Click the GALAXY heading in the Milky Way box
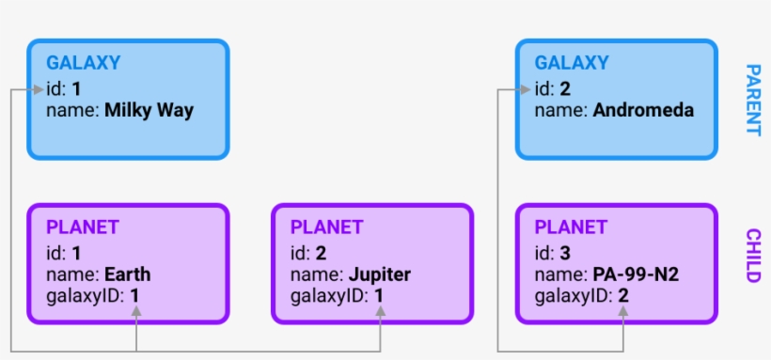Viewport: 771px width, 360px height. tap(84, 63)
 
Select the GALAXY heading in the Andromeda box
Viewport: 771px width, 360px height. tap(572, 63)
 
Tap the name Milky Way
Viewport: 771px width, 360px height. tap(149, 110)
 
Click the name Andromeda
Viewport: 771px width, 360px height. tap(643, 110)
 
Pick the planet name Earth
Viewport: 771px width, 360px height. tap(128, 274)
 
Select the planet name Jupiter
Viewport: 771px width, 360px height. tap(379, 274)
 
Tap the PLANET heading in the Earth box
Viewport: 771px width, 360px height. tap(83, 227)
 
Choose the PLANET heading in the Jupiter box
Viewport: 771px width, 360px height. tap(326, 227)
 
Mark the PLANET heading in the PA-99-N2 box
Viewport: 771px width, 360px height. tap(571, 227)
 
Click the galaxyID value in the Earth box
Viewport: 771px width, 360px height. tap(134, 297)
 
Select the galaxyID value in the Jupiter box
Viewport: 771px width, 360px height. tap(379, 297)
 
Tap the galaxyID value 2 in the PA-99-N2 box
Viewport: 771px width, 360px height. tap(623, 297)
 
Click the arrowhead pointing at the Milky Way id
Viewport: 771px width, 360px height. tap(39, 90)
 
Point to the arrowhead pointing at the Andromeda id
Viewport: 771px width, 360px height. tap(527, 90)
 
